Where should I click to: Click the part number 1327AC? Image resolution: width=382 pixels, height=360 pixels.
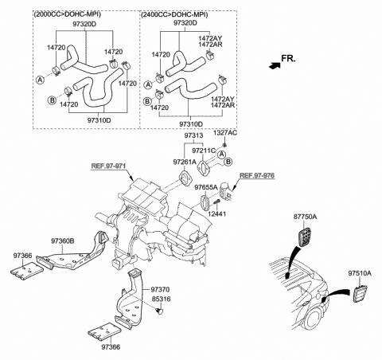(226, 135)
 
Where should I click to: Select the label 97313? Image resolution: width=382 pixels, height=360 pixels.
(195, 135)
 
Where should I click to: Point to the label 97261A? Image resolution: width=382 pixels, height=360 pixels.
(186, 162)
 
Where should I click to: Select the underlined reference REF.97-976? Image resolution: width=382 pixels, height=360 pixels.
(257, 174)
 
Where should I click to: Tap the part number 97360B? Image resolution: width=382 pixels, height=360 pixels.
(63, 241)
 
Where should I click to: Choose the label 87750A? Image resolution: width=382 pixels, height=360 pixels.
(305, 217)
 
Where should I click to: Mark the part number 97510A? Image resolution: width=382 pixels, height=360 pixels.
(360, 273)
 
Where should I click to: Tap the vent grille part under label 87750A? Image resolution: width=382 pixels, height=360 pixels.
(303, 237)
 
